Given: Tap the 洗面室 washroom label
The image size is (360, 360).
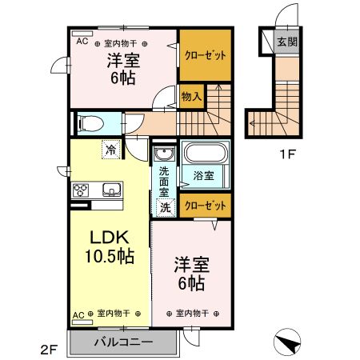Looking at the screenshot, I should point(163,182).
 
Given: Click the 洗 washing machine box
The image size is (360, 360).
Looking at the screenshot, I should point(163,209).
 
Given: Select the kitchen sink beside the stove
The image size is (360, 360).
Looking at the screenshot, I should point(110,190).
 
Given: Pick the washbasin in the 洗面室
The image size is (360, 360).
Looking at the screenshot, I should point(163,154).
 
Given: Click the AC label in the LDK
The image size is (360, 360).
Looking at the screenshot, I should point(78,314).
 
